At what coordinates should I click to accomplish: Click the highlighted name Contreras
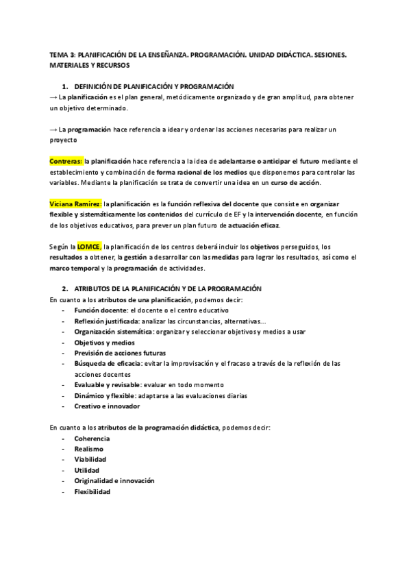click(66, 161)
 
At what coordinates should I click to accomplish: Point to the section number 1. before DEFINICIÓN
click(65, 86)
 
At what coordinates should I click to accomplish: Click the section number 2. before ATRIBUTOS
click(65, 290)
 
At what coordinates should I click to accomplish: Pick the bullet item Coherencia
click(92, 438)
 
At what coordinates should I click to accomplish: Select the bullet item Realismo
click(89, 449)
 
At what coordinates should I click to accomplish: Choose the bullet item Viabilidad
click(90, 460)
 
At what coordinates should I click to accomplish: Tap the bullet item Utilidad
click(87, 470)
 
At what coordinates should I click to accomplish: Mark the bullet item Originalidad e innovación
click(114, 481)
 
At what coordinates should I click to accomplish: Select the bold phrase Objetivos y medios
click(105, 343)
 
